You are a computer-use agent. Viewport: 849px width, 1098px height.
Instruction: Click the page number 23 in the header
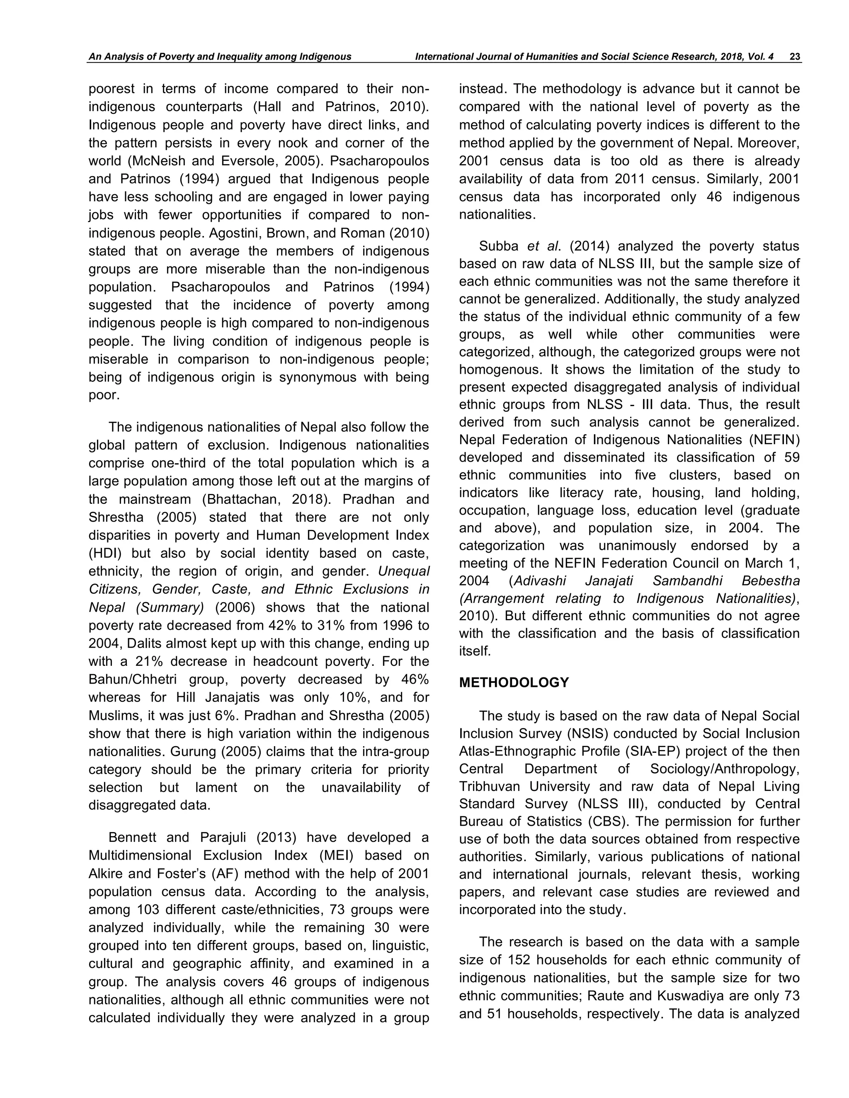tap(795, 57)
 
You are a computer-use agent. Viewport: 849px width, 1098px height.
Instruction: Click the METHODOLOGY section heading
tap(514, 683)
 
